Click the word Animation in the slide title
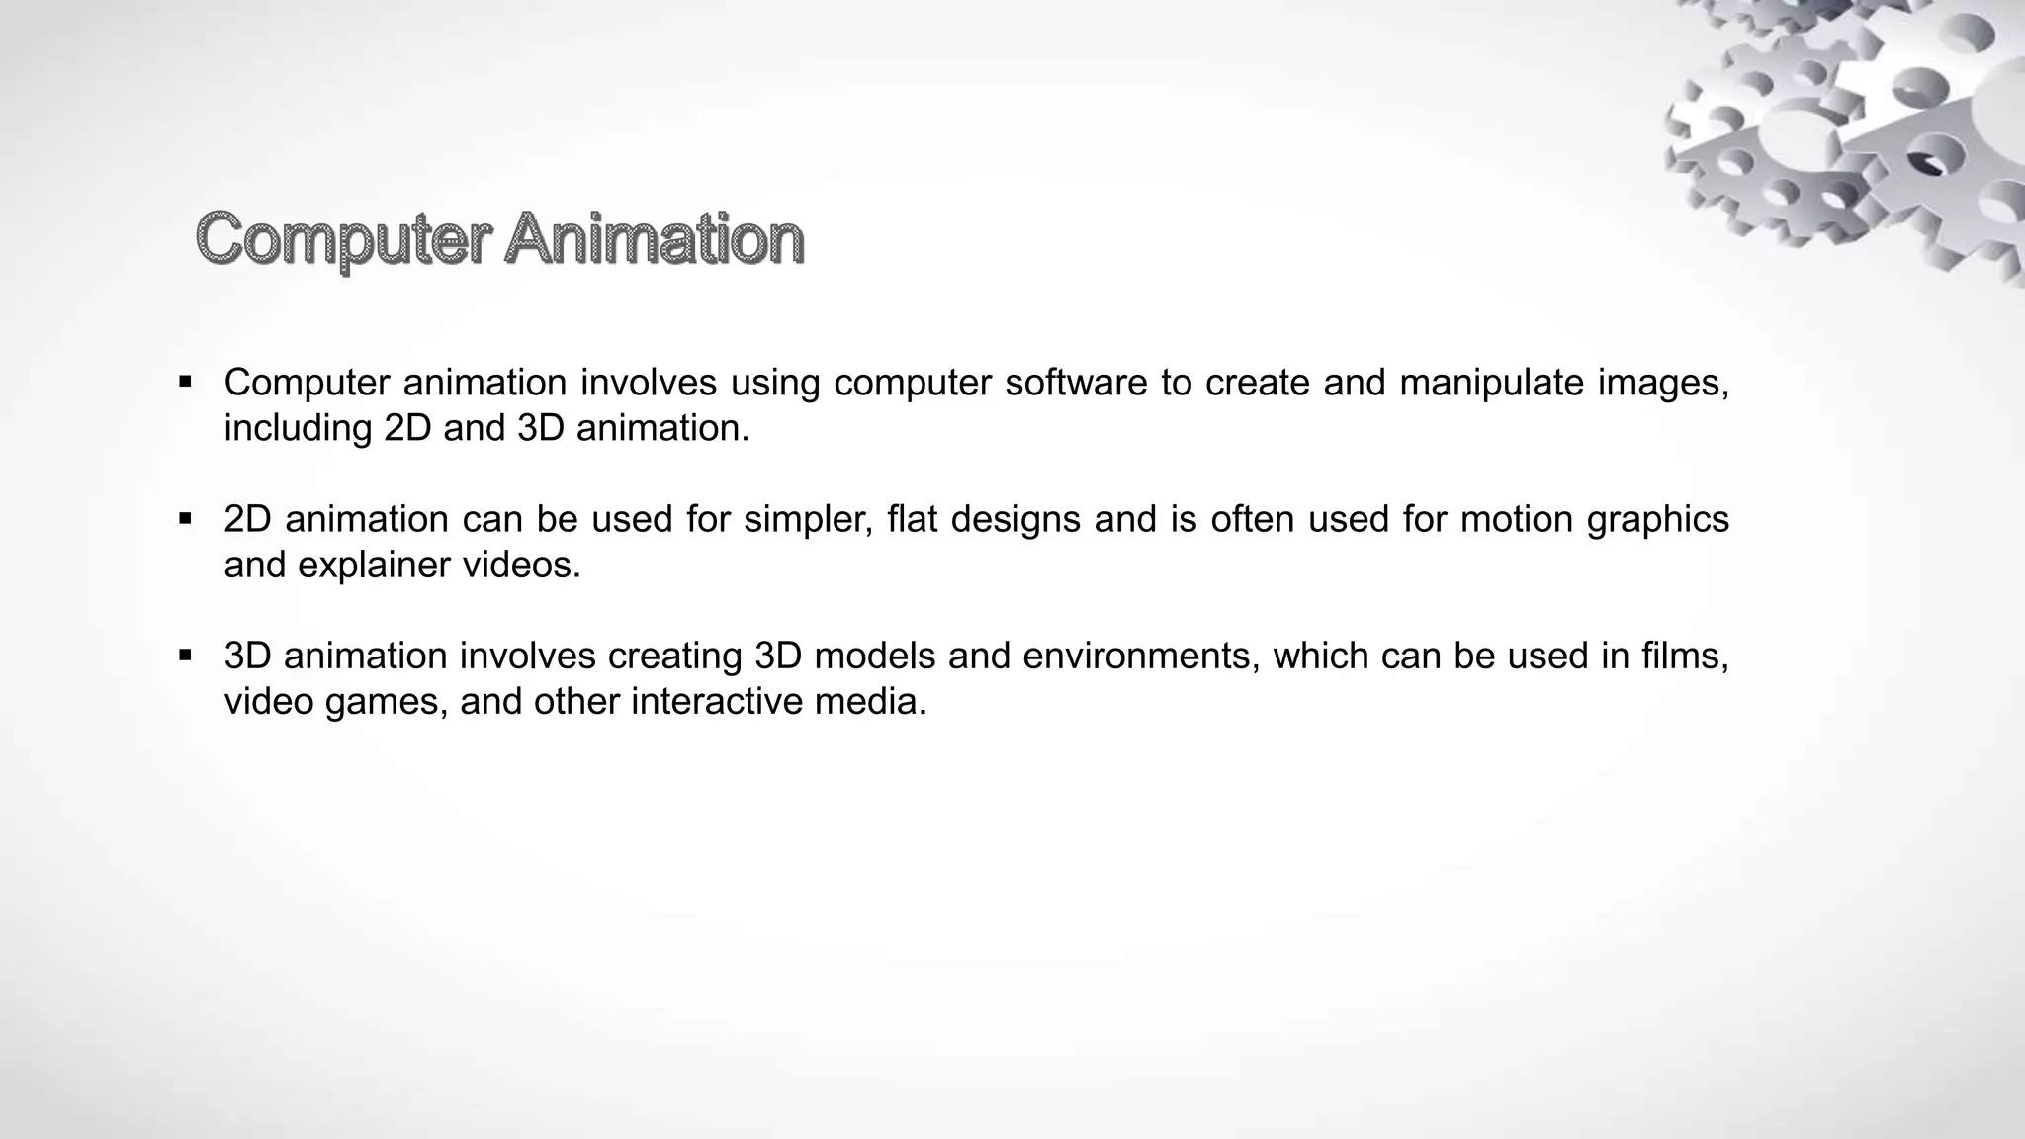pos(654,239)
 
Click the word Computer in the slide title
pos(343,239)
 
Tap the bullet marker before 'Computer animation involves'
pos(185,382)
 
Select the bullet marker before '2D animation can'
pos(185,518)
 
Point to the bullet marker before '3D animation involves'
pos(185,655)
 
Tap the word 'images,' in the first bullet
pos(1663,383)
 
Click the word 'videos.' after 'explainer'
pos(522,565)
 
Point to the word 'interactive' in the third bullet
pos(717,701)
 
